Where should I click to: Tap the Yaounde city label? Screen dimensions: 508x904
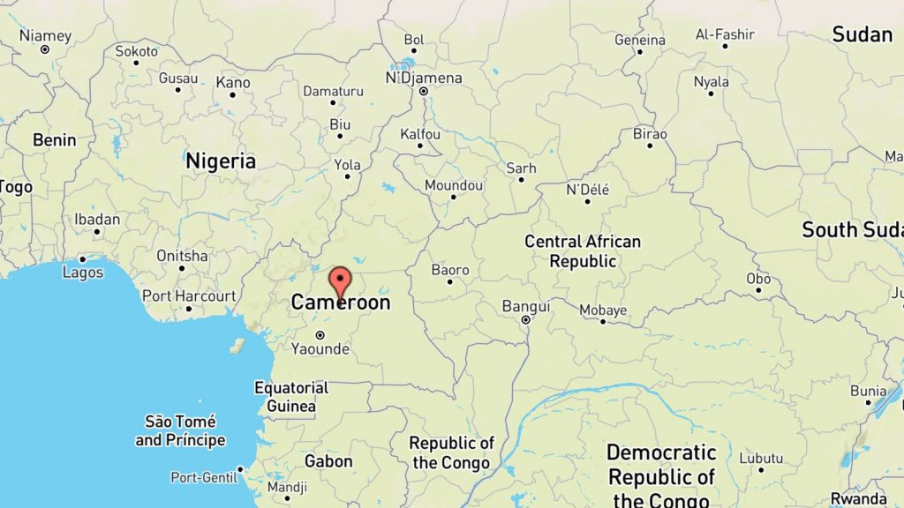(320, 349)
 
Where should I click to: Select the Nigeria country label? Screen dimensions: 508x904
(221, 161)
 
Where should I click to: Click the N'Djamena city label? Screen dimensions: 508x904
(424, 78)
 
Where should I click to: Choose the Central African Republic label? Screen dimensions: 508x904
(583, 251)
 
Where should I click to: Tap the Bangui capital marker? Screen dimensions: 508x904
(525, 320)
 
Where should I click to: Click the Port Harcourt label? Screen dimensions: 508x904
(189, 296)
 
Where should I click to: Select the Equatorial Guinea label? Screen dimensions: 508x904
(290, 397)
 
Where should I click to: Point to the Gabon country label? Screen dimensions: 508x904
(328, 461)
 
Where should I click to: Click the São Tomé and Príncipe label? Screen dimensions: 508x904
(180, 431)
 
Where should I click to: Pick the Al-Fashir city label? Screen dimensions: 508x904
(725, 34)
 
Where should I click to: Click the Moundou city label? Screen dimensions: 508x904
(454, 185)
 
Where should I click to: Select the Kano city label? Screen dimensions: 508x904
(233, 83)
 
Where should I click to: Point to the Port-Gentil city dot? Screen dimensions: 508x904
(240, 469)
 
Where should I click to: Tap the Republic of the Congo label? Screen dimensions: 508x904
(453, 452)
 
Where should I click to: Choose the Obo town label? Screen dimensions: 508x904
(758, 279)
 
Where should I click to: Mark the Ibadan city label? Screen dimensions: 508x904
(97, 220)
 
